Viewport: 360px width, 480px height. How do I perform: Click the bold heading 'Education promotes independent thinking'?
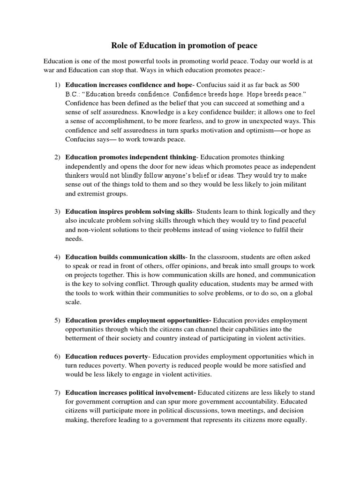(130, 157)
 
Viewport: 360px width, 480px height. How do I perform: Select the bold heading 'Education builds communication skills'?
(125, 257)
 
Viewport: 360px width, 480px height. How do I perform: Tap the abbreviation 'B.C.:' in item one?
(74, 94)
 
